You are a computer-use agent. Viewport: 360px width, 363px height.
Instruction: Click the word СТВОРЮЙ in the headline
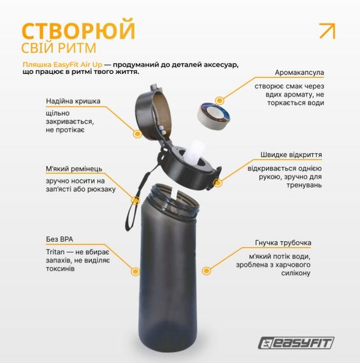pos(78,30)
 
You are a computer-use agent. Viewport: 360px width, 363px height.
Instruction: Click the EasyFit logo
pos(298,343)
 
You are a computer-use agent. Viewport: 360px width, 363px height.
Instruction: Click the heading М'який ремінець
pos(74,169)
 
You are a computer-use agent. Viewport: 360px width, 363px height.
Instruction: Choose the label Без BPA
pos(59,239)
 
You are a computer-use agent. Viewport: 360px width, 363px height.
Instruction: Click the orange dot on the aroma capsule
pos(219,100)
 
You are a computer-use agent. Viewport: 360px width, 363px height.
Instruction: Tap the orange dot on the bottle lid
pos(136,134)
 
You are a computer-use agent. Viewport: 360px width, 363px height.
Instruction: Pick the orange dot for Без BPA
pos(136,271)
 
